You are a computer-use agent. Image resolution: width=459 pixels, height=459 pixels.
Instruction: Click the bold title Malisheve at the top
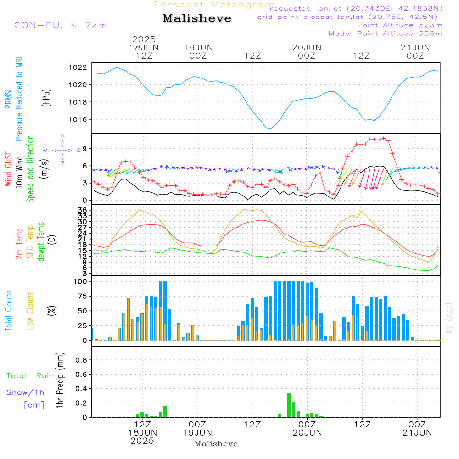point(197,19)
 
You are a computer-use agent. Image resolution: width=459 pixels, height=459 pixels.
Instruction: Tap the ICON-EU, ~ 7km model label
point(59,25)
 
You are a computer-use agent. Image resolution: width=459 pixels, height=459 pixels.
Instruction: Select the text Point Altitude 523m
point(399,25)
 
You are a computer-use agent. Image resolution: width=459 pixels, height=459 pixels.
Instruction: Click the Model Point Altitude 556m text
point(385,34)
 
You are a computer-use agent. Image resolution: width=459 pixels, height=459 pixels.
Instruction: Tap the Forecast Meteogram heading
point(214,5)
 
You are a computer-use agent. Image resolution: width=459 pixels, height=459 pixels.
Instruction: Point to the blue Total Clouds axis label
point(9,311)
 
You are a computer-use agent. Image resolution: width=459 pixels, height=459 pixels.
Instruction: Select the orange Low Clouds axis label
point(30,311)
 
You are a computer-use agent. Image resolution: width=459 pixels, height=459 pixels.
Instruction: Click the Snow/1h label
point(25,392)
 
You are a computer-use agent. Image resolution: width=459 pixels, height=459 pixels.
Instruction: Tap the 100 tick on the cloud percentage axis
point(80,281)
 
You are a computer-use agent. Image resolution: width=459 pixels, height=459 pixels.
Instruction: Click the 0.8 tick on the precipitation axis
point(81,360)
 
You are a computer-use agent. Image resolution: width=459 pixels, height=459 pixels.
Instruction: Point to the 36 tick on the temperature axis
point(83,210)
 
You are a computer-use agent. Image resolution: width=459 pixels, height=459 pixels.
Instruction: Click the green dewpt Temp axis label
point(41,242)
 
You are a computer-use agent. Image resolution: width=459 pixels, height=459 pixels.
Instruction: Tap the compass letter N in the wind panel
point(62,136)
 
